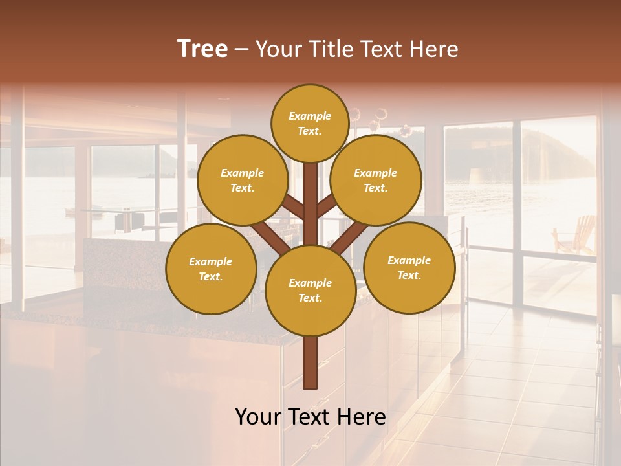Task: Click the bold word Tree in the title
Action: coord(202,49)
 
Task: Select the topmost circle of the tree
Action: coord(310,123)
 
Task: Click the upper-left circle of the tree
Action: coord(242,180)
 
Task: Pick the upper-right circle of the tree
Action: coord(375,180)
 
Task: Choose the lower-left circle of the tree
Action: coord(211,269)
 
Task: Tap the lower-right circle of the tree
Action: coord(409,267)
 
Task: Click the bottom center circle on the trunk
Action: coord(310,290)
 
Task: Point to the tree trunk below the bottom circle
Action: coord(310,362)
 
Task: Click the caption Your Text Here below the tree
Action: coord(310,417)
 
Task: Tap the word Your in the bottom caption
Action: coord(259,417)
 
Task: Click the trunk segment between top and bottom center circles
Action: coord(310,201)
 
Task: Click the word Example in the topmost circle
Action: coord(310,116)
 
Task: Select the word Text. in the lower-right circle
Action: coord(409,275)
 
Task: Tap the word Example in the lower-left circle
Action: coord(211,261)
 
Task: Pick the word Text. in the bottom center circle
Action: coord(310,298)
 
